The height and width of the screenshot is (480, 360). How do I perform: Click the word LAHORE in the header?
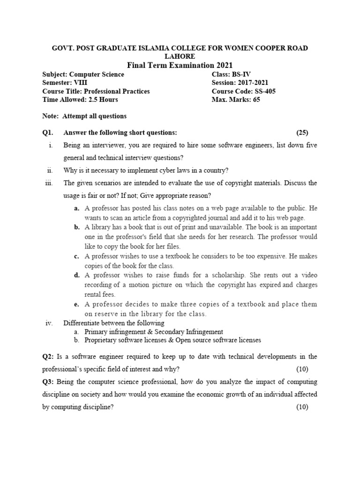(x=180, y=56)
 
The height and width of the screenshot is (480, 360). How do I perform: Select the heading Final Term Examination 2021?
(x=180, y=65)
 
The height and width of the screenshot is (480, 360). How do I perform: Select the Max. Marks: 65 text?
(x=238, y=100)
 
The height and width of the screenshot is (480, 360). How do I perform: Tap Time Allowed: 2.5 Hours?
(x=80, y=100)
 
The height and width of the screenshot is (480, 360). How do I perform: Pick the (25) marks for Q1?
(x=302, y=133)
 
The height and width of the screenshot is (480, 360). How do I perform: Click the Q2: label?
(x=49, y=357)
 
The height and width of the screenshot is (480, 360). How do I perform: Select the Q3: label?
(x=49, y=382)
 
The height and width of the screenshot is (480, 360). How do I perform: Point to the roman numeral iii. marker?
(x=49, y=183)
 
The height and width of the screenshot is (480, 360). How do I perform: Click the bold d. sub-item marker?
(x=76, y=275)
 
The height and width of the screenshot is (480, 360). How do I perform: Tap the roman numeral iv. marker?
(x=49, y=323)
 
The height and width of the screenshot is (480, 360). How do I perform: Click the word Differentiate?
(x=82, y=323)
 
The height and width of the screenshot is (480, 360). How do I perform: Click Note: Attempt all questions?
(x=84, y=116)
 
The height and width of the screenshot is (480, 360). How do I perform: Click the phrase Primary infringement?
(x=112, y=331)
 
